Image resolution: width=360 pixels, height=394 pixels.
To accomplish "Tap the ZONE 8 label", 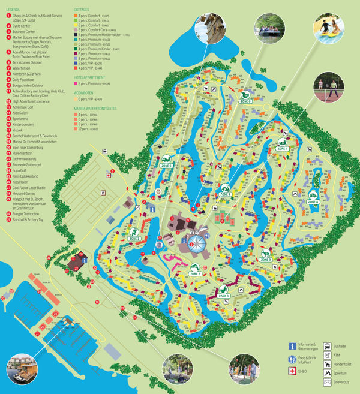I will coord(312,202).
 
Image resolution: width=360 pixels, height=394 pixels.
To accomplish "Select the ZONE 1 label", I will coord(134,239).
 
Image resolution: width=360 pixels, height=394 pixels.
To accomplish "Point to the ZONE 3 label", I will coord(224,296).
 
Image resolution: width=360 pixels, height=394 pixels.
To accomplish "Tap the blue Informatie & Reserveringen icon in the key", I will coord(292,346).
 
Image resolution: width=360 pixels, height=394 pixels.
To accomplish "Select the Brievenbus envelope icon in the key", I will coord(328,381).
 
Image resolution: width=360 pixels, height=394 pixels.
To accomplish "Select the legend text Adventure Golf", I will coord(24,107).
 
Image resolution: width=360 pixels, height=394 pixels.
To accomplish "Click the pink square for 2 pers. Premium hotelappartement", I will coord(76,83).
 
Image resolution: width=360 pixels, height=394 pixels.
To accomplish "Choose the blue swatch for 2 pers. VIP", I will coord(76,63).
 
